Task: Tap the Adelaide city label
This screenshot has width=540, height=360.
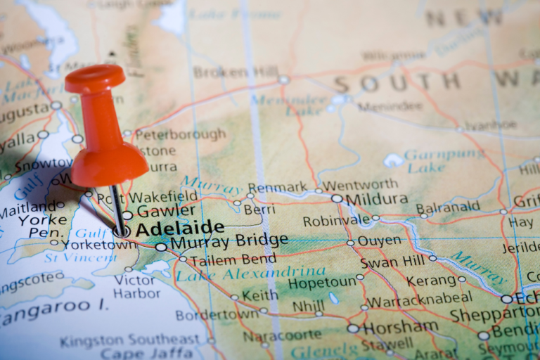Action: (x=180, y=229)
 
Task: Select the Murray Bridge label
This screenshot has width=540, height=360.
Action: (x=229, y=242)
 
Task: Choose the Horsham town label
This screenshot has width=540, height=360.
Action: (x=401, y=327)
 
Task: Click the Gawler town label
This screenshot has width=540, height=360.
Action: (x=166, y=210)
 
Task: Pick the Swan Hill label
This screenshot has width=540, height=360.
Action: (x=392, y=262)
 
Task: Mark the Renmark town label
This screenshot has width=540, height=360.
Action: (x=278, y=188)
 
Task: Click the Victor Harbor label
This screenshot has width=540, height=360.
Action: (x=135, y=286)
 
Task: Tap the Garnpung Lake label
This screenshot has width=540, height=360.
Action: (x=435, y=161)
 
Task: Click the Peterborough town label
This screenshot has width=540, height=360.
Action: (x=180, y=134)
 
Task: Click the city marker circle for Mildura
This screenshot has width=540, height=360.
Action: (x=337, y=199)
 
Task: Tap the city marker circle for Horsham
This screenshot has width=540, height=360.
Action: (x=352, y=328)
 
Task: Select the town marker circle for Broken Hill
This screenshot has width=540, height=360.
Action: (x=283, y=79)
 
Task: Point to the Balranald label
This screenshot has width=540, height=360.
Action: (x=449, y=208)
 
